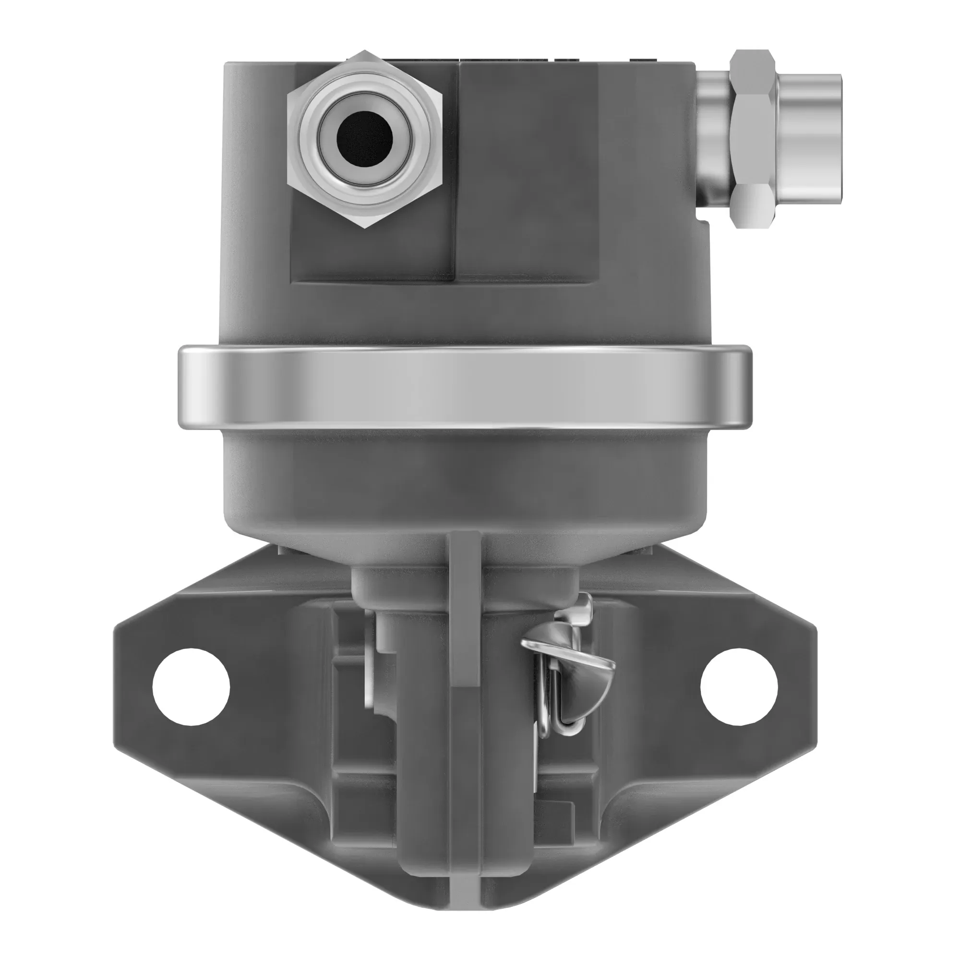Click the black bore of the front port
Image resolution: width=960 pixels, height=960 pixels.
tap(365, 139)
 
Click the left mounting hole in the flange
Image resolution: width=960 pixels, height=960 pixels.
tap(191, 686)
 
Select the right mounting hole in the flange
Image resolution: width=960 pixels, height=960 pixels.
tap(738, 686)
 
